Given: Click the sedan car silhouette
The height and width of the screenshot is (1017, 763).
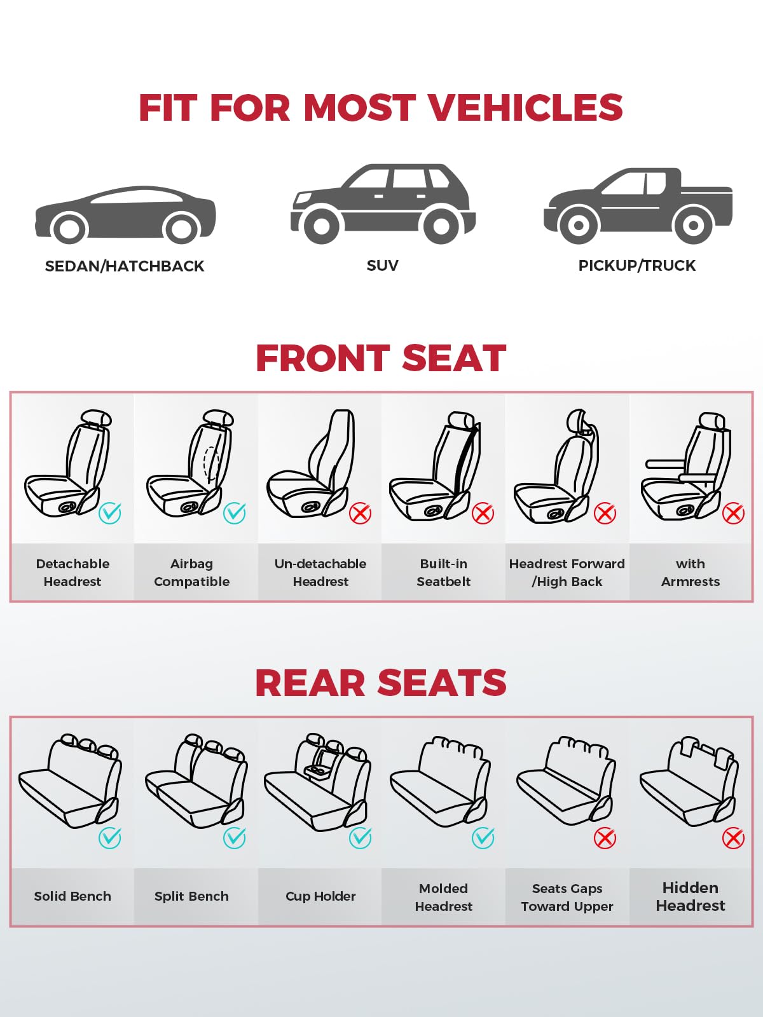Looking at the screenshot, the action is [125, 214].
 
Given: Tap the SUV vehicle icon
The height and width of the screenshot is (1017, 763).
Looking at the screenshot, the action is [383, 204].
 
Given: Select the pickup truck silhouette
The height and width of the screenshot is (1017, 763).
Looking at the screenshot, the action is [638, 206].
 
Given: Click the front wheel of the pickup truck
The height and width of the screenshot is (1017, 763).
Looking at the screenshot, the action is [578, 226].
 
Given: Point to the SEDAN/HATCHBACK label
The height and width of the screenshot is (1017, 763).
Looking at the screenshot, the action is [125, 266].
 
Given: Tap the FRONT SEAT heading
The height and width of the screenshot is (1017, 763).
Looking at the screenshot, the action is [381, 358].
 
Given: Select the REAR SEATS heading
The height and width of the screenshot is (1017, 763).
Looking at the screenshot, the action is [381, 683].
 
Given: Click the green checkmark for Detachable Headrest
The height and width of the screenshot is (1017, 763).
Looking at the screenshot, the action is [110, 513].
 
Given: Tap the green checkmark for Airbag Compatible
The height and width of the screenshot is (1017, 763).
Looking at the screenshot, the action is [235, 513].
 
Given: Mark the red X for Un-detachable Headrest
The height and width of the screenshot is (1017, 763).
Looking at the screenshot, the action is [360, 514].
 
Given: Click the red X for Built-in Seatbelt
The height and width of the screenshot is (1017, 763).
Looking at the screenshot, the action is [483, 514].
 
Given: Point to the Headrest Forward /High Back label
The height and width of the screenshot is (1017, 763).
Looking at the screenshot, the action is [567, 573].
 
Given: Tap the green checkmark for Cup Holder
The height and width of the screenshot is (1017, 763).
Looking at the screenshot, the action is [360, 838].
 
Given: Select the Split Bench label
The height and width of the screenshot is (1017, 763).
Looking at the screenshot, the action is [191, 896].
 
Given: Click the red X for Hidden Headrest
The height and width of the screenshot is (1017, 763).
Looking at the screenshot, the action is [733, 838].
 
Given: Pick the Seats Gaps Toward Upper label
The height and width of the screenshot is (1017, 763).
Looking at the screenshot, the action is [567, 898].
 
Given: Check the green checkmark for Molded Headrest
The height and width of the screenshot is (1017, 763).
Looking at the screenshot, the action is [483, 838].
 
